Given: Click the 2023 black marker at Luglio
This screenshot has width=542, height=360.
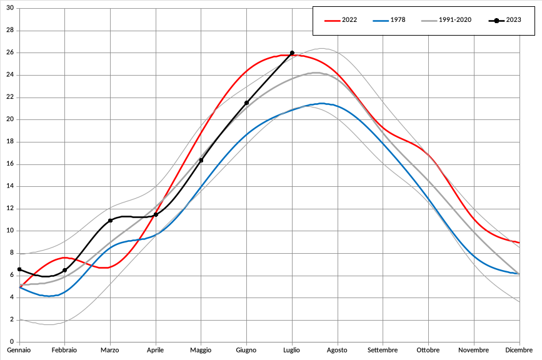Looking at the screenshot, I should [292, 53].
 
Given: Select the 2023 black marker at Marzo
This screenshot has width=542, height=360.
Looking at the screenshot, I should [110, 221].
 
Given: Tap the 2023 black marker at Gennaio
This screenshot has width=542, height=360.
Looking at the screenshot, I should [19, 269].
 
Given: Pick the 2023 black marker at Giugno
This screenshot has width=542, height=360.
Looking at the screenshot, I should [246, 102].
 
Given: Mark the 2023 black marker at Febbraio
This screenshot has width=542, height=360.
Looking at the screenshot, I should [65, 270].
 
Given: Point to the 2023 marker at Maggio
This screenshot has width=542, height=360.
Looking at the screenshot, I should [201, 160].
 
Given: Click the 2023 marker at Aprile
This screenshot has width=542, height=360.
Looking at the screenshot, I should [156, 214].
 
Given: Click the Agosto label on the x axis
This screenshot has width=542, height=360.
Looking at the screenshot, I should [338, 351].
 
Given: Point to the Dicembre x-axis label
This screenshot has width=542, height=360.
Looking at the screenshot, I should [519, 351].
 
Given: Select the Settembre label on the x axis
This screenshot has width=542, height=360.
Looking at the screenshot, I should [383, 351].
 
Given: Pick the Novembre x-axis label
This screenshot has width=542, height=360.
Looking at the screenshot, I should [473, 351].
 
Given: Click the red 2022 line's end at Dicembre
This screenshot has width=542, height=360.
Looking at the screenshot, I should [519, 242].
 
